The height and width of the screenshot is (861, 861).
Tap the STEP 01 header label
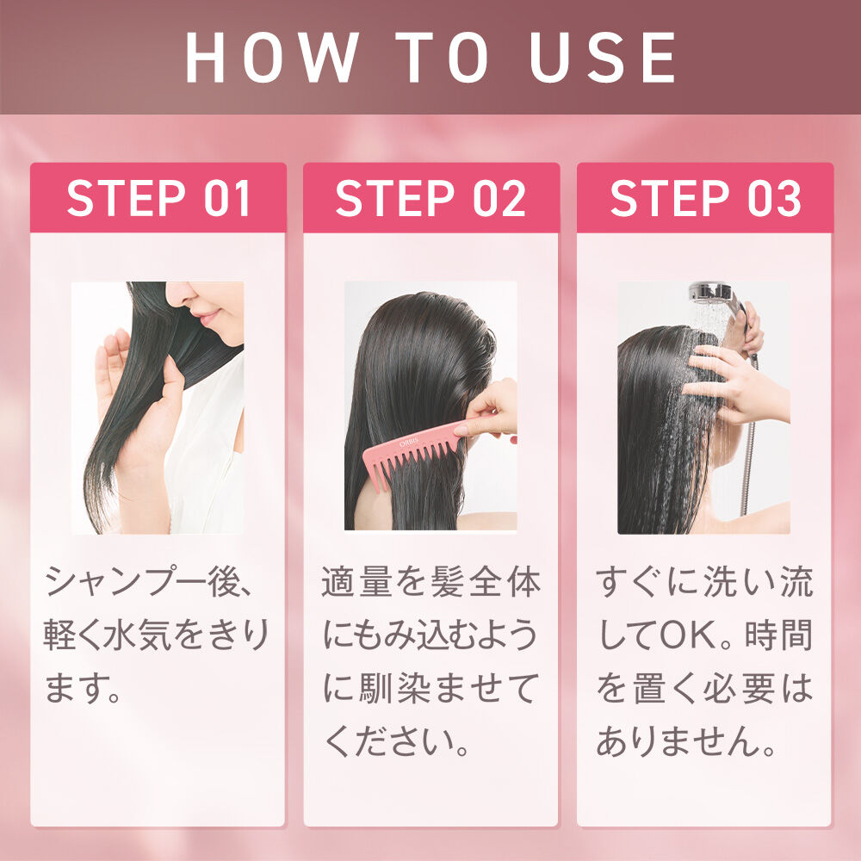pos(158,198)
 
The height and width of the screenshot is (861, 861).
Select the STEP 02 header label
pos(430,198)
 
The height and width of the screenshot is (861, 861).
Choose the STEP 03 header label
pos(705,198)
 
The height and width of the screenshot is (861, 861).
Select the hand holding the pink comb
pos(489,410)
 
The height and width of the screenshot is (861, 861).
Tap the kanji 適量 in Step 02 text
pos(348,584)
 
